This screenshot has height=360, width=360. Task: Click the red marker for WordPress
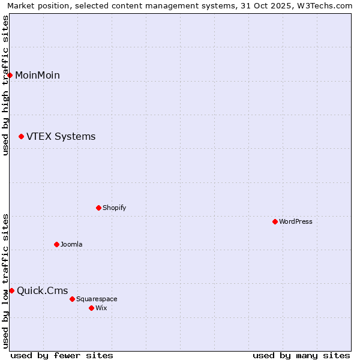point(275,221)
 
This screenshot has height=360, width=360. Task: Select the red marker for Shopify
point(98,208)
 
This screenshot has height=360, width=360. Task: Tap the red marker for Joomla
point(56,244)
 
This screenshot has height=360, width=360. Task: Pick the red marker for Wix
point(91,308)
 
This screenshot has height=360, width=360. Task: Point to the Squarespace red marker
point(72,299)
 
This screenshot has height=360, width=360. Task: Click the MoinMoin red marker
point(10,75)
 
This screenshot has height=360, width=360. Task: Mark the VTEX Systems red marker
point(21,137)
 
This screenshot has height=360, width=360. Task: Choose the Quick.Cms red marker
point(11,291)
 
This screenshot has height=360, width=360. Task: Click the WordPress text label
point(296,221)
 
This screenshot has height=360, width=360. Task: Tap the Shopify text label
point(114,208)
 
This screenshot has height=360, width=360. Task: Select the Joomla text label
point(71,244)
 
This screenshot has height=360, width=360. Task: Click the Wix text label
point(101,308)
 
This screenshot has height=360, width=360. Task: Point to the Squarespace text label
point(97,299)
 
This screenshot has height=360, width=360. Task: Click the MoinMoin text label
point(37,75)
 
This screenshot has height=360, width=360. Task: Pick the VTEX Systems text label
point(61,137)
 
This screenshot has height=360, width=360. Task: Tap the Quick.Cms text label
point(42,291)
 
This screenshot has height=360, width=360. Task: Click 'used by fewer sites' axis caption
point(62,355)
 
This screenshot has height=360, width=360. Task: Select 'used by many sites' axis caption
point(301,355)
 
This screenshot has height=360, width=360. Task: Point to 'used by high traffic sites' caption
point(5,85)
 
